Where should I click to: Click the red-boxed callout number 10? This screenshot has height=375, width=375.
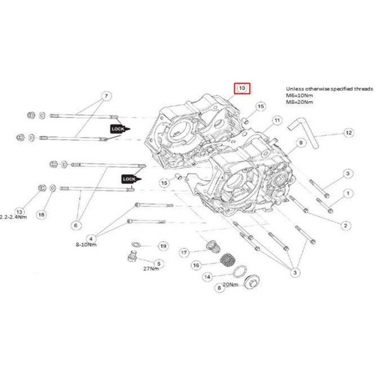coord(242,88)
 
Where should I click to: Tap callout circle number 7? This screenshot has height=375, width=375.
coord(105,97)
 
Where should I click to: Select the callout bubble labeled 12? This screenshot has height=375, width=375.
coord(349,133)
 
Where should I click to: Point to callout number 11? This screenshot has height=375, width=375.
coord(277,121)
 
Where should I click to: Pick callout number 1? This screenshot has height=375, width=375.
coord(348,193)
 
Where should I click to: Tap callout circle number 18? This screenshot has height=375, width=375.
coord(41,214)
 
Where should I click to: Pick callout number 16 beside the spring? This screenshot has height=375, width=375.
coord(196,265)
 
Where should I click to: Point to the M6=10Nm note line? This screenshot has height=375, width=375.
coord(299,95)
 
